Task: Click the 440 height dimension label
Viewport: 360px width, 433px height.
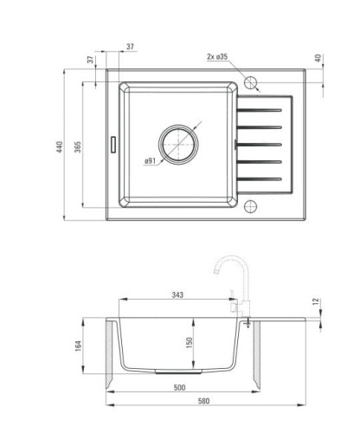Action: [60, 146]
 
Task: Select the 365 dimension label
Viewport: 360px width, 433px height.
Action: [78, 146]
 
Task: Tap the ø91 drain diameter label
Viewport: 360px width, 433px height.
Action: [150, 161]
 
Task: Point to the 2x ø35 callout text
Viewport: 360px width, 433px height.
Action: [217, 56]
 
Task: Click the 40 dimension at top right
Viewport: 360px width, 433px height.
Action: [318, 58]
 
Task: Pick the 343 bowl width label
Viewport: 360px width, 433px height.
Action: [177, 294]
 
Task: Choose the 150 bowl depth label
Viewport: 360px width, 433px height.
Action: [190, 343]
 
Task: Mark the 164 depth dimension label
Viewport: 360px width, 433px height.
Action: [78, 346]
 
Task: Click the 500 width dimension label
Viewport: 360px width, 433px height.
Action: [179, 387]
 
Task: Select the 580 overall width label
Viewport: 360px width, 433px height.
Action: [203, 401]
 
